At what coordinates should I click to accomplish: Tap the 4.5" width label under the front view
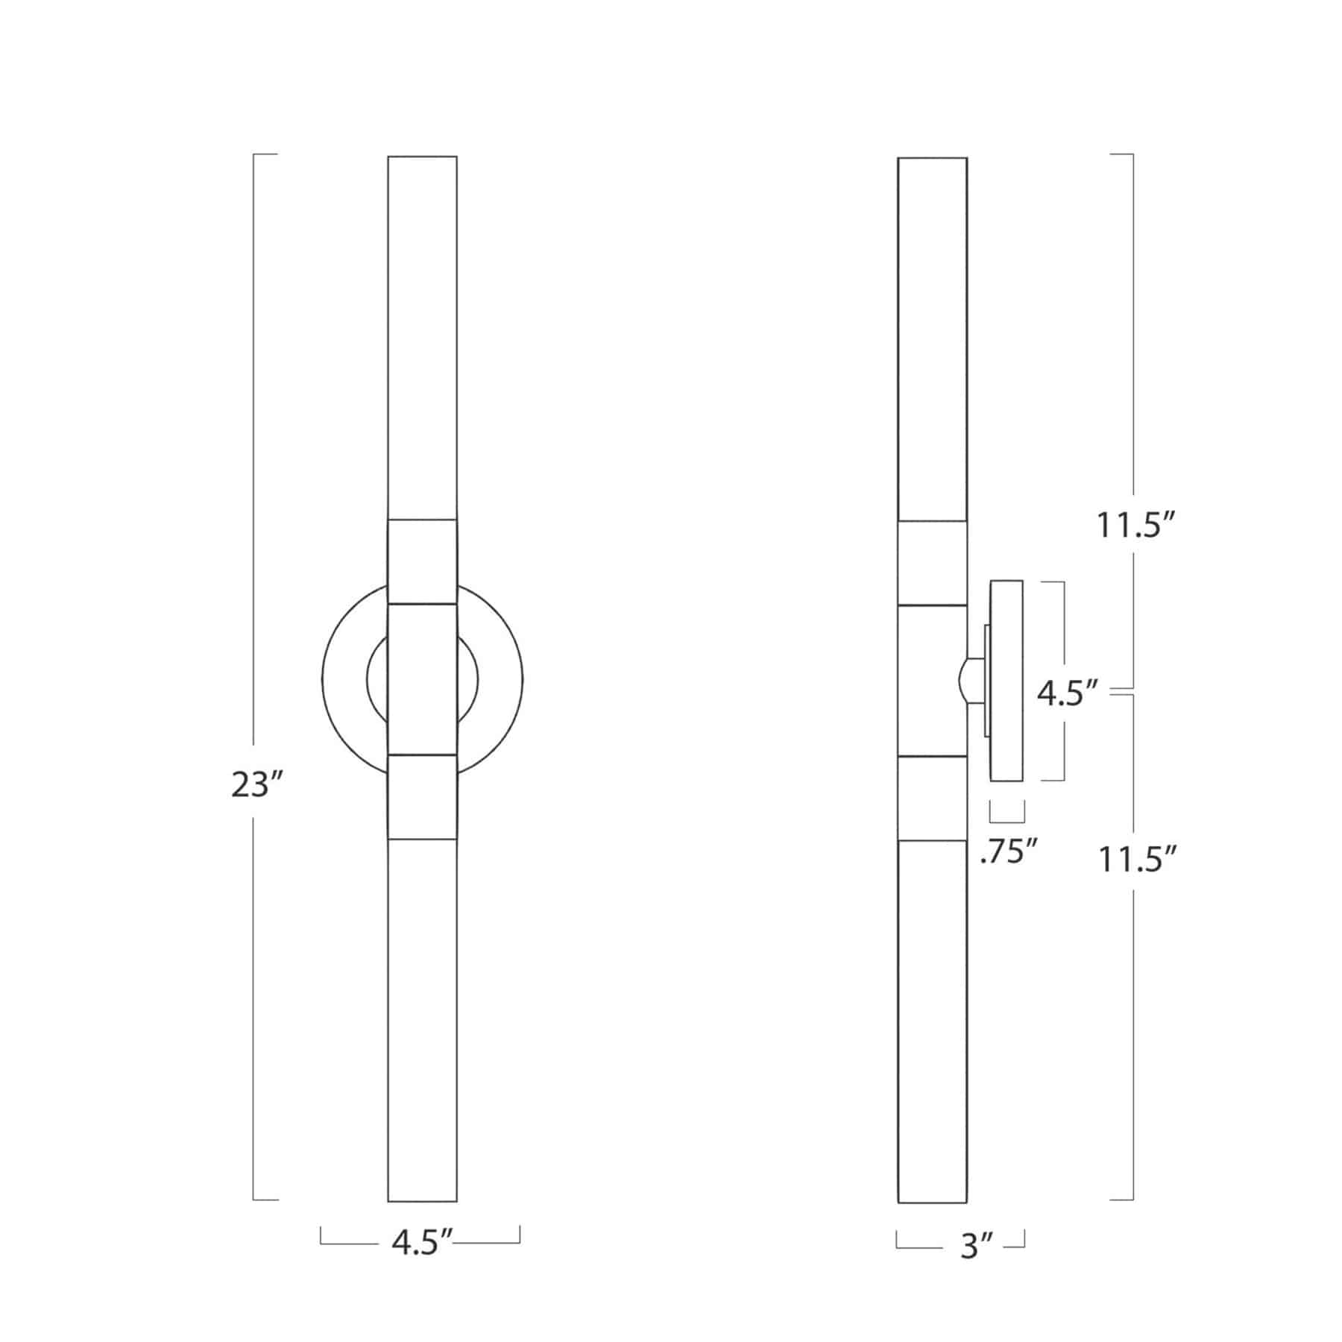pos(422,1243)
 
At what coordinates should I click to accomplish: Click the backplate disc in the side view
pos(1006,680)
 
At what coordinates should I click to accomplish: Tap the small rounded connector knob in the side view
pos(968,680)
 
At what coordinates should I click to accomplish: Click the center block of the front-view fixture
pos(422,678)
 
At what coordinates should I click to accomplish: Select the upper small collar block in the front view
pos(422,561)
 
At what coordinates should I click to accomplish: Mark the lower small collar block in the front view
pos(422,796)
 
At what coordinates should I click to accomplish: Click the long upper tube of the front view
pos(422,335)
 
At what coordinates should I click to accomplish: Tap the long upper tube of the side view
pos(932,335)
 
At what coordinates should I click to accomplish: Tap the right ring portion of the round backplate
pos(500,680)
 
